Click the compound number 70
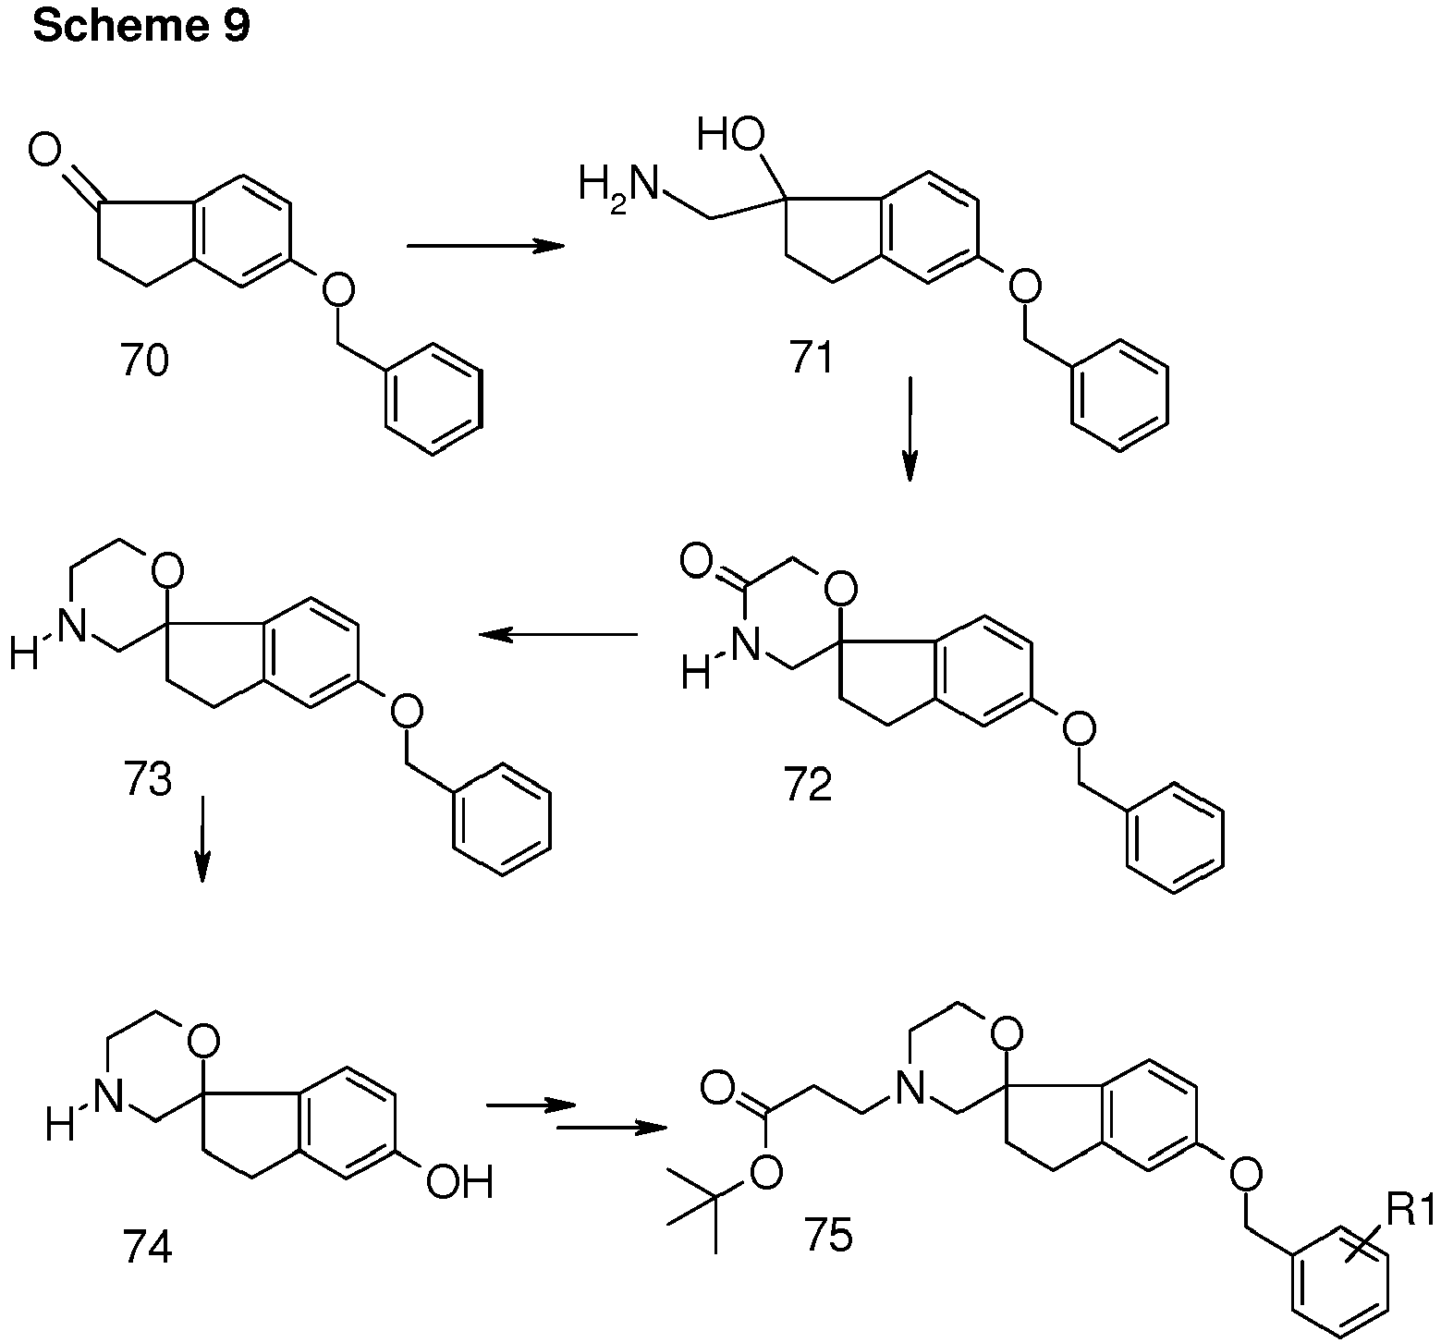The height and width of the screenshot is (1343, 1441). tap(145, 360)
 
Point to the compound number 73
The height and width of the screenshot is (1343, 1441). tap(147, 780)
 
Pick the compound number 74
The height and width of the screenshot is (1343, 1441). tap(147, 1248)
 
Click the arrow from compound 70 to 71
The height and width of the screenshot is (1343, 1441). tap(485, 246)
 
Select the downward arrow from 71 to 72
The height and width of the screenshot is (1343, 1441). tap(910, 429)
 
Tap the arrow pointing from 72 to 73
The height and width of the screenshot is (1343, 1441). tap(557, 634)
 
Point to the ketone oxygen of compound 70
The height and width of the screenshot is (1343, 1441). tap(45, 150)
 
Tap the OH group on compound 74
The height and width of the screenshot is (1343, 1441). tap(458, 1182)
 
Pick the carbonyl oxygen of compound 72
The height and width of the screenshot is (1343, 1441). tap(696, 561)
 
